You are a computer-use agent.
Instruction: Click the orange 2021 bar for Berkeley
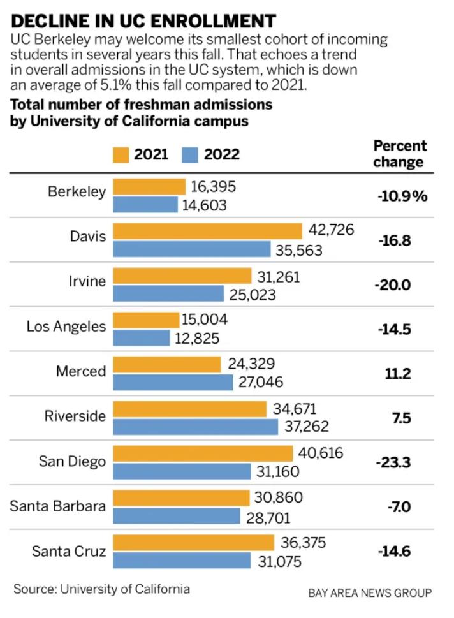click(149, 186)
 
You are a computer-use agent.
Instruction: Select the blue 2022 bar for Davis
click(191, 249)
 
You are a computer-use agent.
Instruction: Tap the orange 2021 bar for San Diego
click(203, 453)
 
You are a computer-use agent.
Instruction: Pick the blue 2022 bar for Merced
click(173, 382)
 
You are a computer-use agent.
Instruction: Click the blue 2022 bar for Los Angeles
click(142, 337)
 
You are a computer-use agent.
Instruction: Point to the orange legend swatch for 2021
click(121, 154)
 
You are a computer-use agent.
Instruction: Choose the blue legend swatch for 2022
click(191, 154)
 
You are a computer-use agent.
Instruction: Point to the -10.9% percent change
click(401, 196)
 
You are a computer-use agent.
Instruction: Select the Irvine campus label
click(87, 281)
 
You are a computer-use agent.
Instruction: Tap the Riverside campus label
click(75, 416)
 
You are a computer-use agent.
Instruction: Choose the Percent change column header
click(400, 153)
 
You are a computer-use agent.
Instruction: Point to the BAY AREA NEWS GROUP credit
click(370, 593)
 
